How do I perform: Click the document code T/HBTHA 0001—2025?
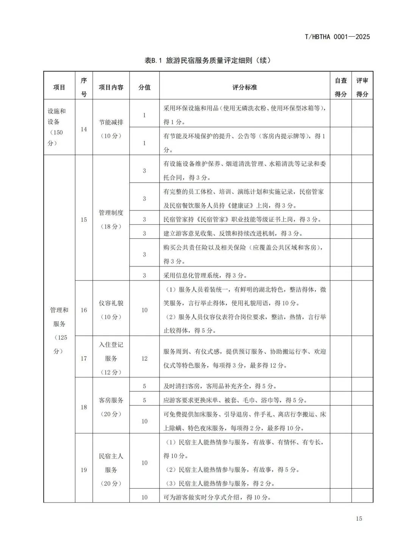[337, 37]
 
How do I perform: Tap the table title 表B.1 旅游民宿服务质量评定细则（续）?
[208, 60]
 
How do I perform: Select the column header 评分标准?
[244, 87]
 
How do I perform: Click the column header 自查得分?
[340, 87]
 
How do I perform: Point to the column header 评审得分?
[362, 87]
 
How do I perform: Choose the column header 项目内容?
[111, 87]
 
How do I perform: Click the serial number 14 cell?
[84, 129]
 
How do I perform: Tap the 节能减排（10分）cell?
[111, 129]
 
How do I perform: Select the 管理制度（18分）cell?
[111, 220]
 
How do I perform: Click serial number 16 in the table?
[84, 310]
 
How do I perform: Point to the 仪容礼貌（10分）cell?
[111, 310]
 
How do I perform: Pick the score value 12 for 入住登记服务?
[144, 358]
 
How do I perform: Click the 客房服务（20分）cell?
[111, 407]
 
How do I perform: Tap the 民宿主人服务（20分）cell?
[111, 470]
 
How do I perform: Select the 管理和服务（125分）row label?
[59, 330]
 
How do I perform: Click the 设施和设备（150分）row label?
[56, 127]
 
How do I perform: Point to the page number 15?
[359, 518]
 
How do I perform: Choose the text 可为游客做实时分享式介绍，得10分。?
[217, 497]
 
